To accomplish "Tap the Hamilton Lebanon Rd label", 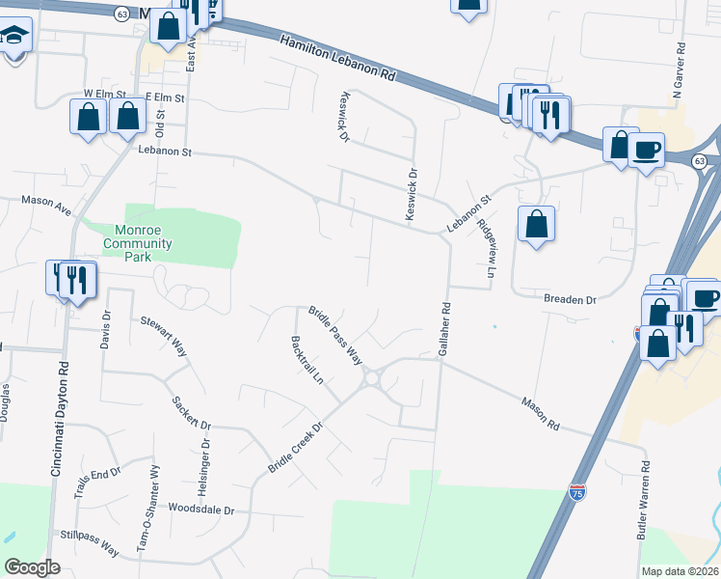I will point(338,60).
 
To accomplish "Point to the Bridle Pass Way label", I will point(334,336).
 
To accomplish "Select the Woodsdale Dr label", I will point(208,508).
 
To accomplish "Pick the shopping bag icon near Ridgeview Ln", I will point(536,224).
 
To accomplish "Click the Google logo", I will point(32,567).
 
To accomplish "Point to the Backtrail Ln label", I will point(307,360).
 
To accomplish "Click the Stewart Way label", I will point(164,337).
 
